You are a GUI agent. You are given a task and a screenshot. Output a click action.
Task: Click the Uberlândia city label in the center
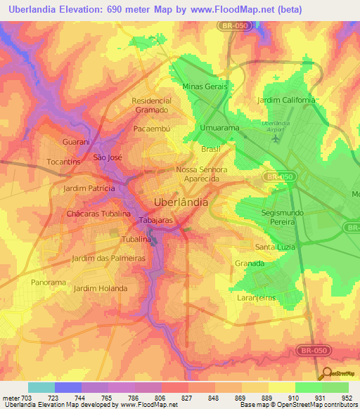coord(181,202)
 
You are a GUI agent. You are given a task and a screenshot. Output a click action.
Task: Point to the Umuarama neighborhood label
coord(220,128)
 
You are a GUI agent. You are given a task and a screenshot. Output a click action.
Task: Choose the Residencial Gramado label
coord(151,105)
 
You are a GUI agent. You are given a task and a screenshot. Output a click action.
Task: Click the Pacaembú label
coord(153,130)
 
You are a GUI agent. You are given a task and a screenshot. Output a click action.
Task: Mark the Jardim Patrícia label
coord(89,189)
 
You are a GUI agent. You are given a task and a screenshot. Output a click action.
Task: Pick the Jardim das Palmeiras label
coord(108,258)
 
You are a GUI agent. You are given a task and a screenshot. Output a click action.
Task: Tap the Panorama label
coord(49,282)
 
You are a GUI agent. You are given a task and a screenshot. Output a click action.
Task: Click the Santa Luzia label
coord(275,247)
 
